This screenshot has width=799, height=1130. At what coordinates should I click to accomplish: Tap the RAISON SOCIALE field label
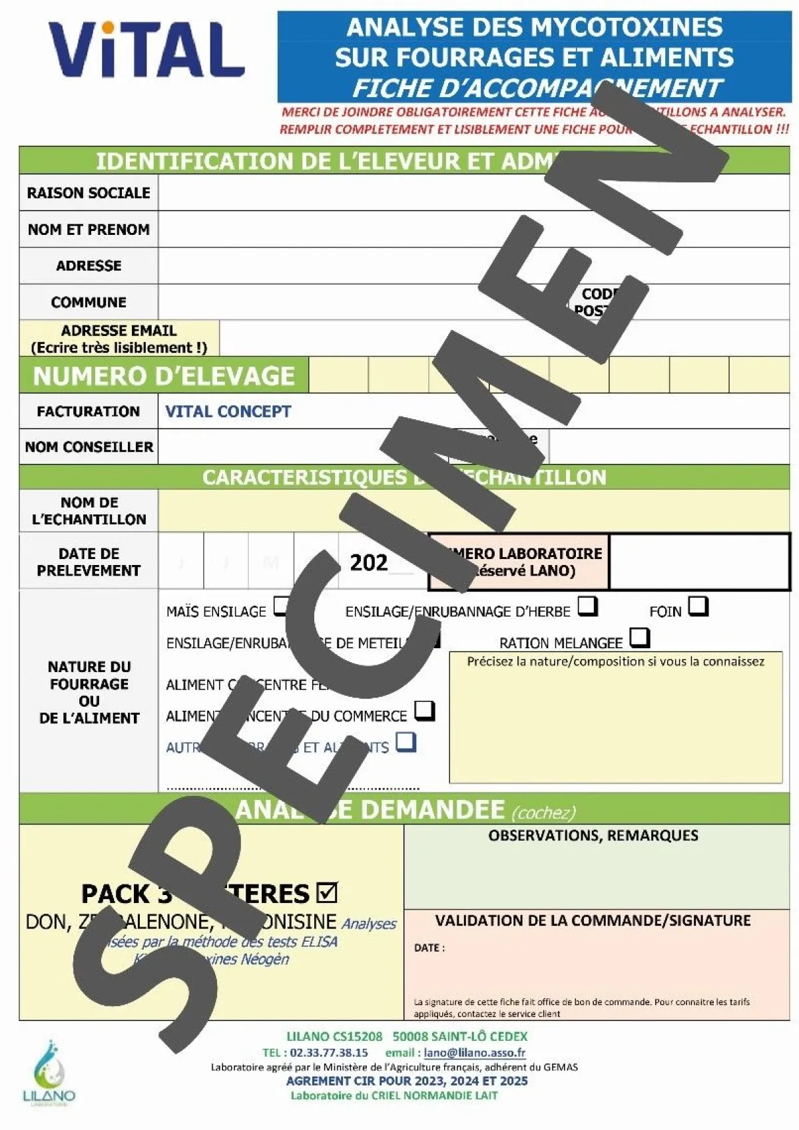tap(89, 193)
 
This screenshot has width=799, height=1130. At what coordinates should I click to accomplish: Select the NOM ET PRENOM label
tap(89, 230)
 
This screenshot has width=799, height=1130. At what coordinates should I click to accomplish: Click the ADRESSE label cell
tap(89, 266)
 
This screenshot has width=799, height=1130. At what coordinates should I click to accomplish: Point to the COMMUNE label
tap(89, 302)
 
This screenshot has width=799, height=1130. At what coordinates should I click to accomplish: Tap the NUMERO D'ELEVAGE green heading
tap(164, 376)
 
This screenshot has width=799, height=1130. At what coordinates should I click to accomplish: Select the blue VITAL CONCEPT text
tap(228, 412)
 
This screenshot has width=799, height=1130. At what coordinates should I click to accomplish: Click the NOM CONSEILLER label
tap(89, 447)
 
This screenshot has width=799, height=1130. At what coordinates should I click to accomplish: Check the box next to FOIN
tap(698, 606)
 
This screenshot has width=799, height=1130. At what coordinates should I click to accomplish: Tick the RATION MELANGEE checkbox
tap(639, 638)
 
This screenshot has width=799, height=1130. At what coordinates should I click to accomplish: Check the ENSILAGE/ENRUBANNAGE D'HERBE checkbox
tap(587, 606)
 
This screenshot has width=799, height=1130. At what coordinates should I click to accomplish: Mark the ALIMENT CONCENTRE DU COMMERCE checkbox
tap(424, 711)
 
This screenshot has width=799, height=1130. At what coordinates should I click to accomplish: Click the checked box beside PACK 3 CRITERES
tap(327, 892)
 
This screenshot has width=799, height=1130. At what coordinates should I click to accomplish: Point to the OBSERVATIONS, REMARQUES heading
tap(593, 836)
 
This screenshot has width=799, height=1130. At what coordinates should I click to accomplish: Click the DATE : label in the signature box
tap(429, 948)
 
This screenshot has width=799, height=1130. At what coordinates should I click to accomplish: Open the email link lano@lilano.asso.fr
tap(475, 1053)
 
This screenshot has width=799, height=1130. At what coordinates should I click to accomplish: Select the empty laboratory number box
tap(699, 562)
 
